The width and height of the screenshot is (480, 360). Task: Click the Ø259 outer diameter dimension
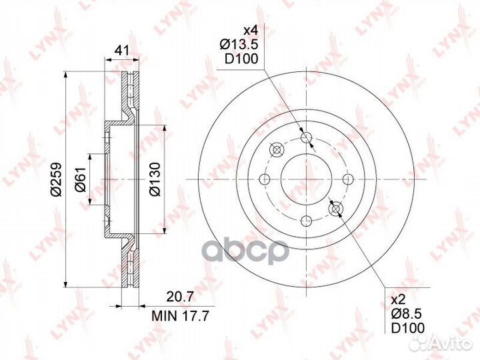[56, 179]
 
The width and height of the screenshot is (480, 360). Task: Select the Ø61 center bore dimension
[80, 179]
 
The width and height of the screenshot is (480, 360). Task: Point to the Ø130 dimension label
[155, 179]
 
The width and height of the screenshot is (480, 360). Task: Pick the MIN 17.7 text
[180, 315]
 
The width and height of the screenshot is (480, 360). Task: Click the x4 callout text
[251, 31]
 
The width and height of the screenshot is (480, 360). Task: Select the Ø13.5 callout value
[239, 45]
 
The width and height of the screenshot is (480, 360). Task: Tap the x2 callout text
[399, 299]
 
